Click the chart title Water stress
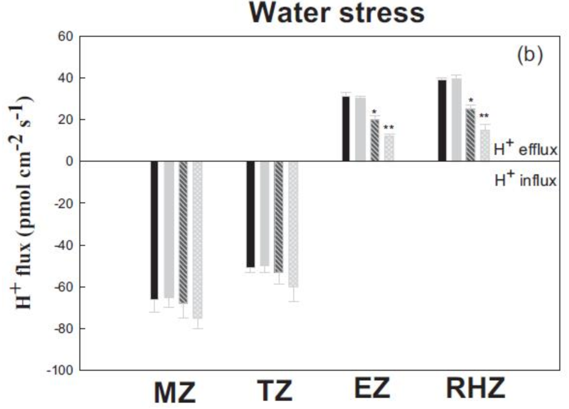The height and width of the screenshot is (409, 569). pyautogui.click(x=337, y=13)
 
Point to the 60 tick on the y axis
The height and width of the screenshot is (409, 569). pyautogui.click(x=65, y=36)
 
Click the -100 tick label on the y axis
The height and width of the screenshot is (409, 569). pyautogui.click(x=60, y=370)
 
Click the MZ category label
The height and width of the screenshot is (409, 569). pyautogui.click(x=175, y=393)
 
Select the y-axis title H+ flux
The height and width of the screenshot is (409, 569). pyautogui.click(x=24, y=203)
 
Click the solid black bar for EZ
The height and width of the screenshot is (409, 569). pyautogui.click(x=346, y=129)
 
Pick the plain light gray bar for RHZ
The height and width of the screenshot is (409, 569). pyautogui.click(x=456, y=120)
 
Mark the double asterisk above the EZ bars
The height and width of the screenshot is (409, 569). pyautogui.click(x=389, y=128)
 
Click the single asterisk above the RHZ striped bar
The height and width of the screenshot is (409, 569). pyautogui.click(x=471, y=101)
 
